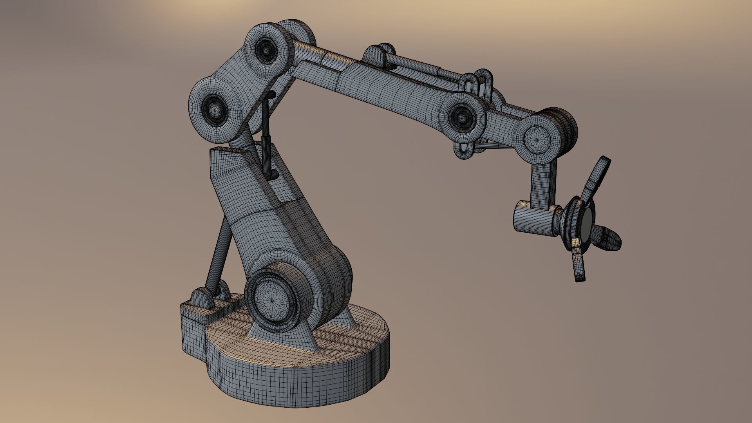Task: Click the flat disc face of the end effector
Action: (x=587, y=227)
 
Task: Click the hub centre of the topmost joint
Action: (x=268, y=50)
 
